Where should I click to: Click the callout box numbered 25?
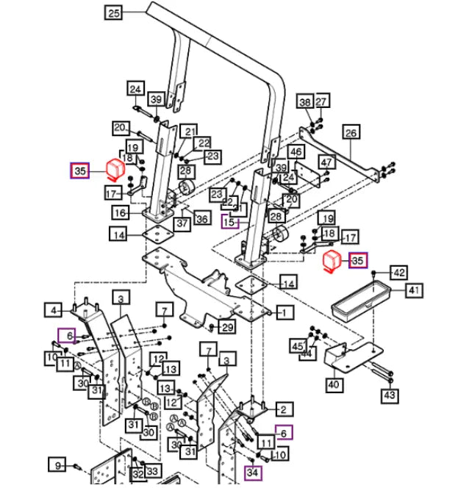[x=113, y=12]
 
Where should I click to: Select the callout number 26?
[x=351, y=133]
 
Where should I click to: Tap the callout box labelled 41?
[x=414, y=291]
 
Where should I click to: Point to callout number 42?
[x=398, y=273]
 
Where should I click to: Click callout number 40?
[x=333, y=383]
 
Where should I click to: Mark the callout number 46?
[x=296, y=152]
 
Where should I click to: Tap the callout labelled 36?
[x=201, y=218]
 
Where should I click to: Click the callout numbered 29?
[x=227, y=327]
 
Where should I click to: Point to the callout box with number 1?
[x=284, y=312]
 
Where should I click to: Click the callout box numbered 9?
[x=57, y=464]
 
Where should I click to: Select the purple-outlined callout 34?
[x=254, y=471]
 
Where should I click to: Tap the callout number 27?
[x=322, y=101]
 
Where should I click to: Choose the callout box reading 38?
[x=304, y=101]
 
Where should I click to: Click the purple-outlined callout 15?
[x=231, y=221]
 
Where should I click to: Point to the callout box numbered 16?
[x=121, y=213]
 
